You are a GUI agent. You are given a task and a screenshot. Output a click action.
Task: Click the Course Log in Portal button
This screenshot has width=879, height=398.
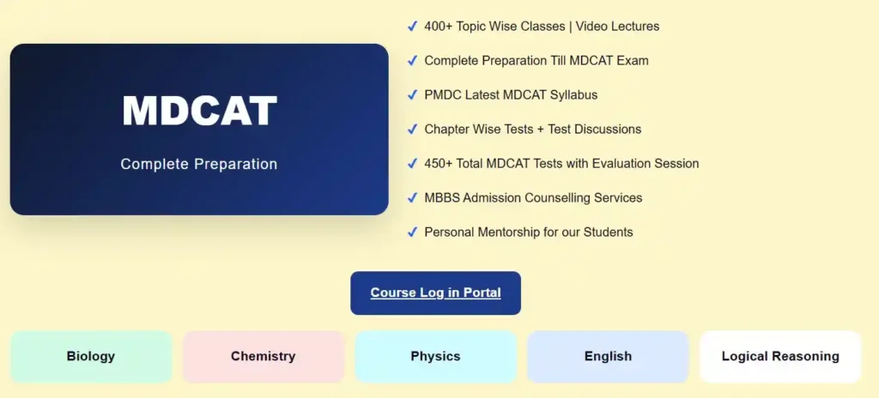tap(435, 292)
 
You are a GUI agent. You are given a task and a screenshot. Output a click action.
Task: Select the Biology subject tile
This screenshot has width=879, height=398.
tap(91, 356)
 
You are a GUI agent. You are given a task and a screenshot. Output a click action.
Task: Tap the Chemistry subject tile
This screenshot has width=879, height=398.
tap(263, 356)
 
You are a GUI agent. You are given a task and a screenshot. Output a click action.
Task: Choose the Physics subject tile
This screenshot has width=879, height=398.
tap(435, 356)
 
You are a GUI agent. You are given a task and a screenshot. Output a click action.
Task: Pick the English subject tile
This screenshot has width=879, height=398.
tap(608, 356)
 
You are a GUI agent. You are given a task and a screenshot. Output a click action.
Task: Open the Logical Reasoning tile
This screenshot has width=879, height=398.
tap(780, 356)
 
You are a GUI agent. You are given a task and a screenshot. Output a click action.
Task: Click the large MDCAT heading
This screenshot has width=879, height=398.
tap(199, 111)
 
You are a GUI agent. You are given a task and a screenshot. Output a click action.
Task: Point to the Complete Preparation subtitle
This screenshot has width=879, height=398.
tap(199, 164)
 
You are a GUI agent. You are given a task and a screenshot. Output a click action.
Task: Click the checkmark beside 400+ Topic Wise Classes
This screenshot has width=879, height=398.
tap(412, 27)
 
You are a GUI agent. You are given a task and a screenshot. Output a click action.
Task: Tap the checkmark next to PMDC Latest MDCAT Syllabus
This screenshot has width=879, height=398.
tap(412, 95)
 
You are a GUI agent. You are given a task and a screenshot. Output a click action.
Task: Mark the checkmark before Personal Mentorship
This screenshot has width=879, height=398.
tap(412, 232)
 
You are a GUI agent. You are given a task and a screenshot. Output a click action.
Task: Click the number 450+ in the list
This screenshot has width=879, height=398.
tap(439, 164)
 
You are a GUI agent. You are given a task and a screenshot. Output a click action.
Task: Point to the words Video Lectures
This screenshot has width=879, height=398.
tap(617, 27)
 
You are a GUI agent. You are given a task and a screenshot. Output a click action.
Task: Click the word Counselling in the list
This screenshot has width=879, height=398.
tap(561, 198)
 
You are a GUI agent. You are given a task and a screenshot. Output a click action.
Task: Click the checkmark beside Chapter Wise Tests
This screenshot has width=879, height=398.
tap(412, 130)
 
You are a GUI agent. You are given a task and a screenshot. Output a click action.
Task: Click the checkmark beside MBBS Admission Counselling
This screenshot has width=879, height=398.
tap(412, 198)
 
